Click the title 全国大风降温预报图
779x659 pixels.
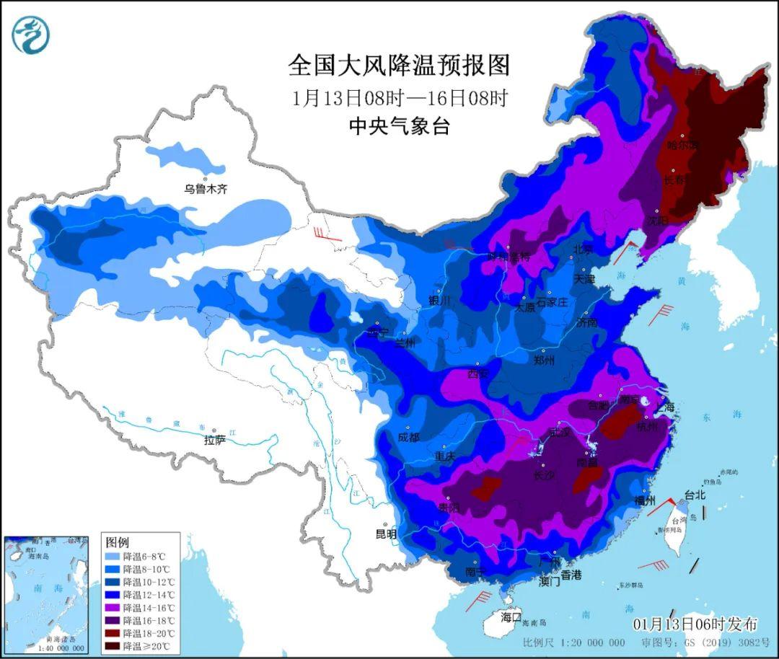click(399, 66)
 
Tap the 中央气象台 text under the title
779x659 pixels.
click(399, 127)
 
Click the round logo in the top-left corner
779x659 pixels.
click(30, 35)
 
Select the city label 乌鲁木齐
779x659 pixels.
click(205, 189)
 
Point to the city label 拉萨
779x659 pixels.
click(214, 439)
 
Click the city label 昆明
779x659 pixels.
click(386, 534)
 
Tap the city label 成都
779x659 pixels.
click(408, 437)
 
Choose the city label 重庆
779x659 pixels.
click(445, 456)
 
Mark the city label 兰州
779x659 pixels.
click(405, 343)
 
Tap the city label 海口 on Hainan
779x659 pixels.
click(511, 616)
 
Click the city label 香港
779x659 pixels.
click(571, 575)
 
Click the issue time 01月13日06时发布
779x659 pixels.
click(696, 624)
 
